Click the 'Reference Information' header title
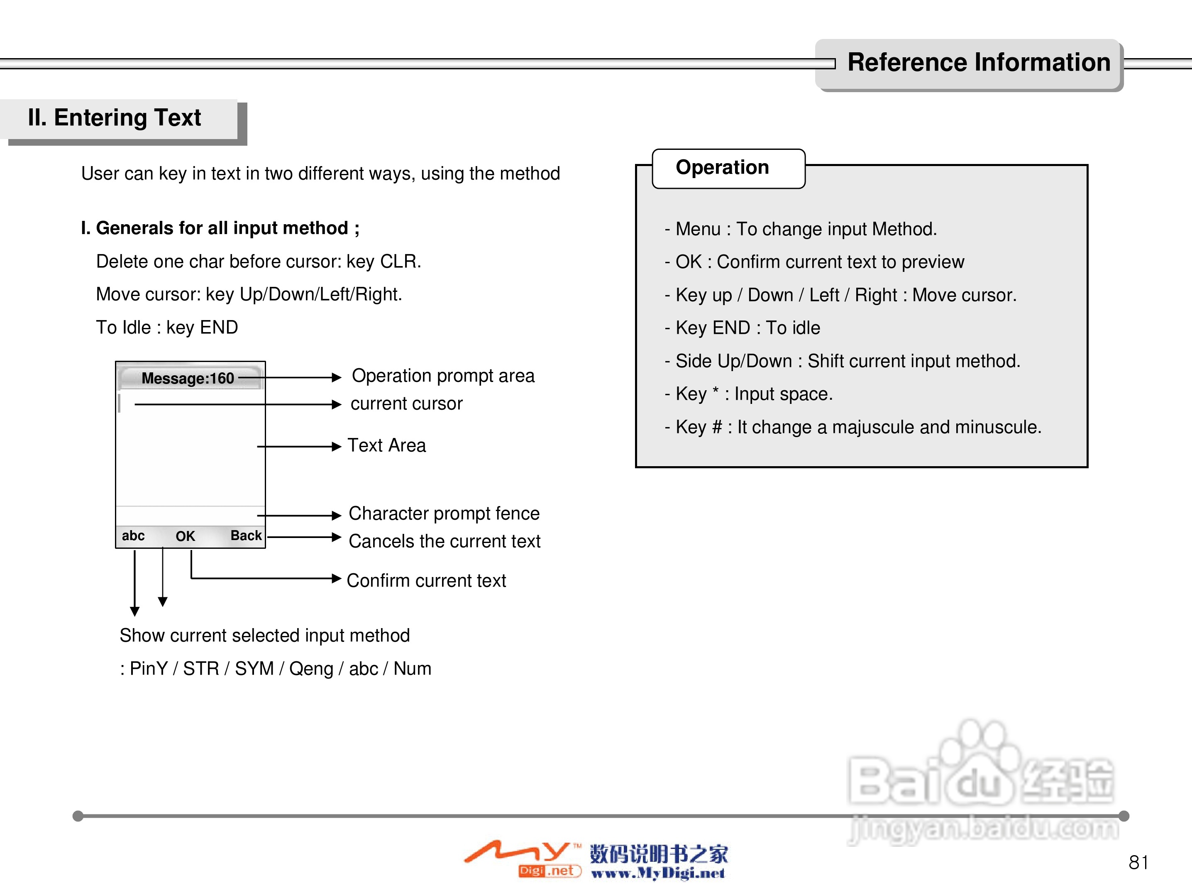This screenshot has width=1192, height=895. pyautogui.click(x=978, y=63)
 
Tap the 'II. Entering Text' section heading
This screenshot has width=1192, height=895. pyautogui.click(x=114, y=117)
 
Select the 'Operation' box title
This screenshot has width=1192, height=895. pyautogui.click(x=722, y=168)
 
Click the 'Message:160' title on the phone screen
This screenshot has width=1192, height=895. pyautogui.click(x=188, y=378)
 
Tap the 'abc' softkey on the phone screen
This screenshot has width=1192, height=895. pyautogui.click(x=133, y=536)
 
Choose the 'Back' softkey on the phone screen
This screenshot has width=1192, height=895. pyautogui.click(x=246, y=536)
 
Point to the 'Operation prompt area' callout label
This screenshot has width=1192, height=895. pyautogui.click(x=443, y=376)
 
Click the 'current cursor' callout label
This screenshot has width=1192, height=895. pyautogui.click(x=406, y=403)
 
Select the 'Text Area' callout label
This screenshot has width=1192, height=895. pyautogui.click(x=386, y=445)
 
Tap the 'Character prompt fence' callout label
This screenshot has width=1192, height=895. pyautogui.click(x=444, y=514)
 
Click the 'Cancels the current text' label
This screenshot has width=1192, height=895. pyautogui.click(x=445, y=541)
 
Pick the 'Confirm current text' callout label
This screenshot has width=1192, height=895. pyautogui.click(x=426, y=580)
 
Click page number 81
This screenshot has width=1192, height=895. pyautogui.click(x=1138, y=863)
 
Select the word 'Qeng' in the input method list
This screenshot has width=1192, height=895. pyautogui.click(x=311, y=669)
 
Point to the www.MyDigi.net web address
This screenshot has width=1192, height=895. pyautogui.click(x=658, y=873)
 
